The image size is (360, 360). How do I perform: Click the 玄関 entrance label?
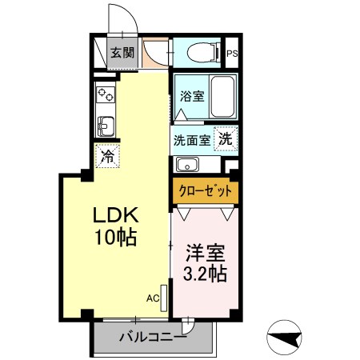point(122,54)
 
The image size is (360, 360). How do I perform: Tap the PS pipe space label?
point(233,54)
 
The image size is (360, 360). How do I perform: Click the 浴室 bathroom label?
point(191,96)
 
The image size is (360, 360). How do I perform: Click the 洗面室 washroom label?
point(193,138)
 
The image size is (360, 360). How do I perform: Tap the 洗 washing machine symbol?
point(226,138)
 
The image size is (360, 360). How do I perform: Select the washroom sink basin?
point(187,166)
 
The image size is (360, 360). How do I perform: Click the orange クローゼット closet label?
point(205,191)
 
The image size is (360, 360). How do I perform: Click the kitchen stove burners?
point(105,96)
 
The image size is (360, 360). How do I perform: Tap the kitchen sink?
point(105,126)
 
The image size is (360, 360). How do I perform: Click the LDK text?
point(118,215)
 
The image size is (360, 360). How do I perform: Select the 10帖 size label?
point(118,237)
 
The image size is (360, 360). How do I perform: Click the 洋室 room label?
point(205,254)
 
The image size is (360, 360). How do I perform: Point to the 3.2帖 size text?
point(205,274)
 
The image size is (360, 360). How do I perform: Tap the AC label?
point(152,298)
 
